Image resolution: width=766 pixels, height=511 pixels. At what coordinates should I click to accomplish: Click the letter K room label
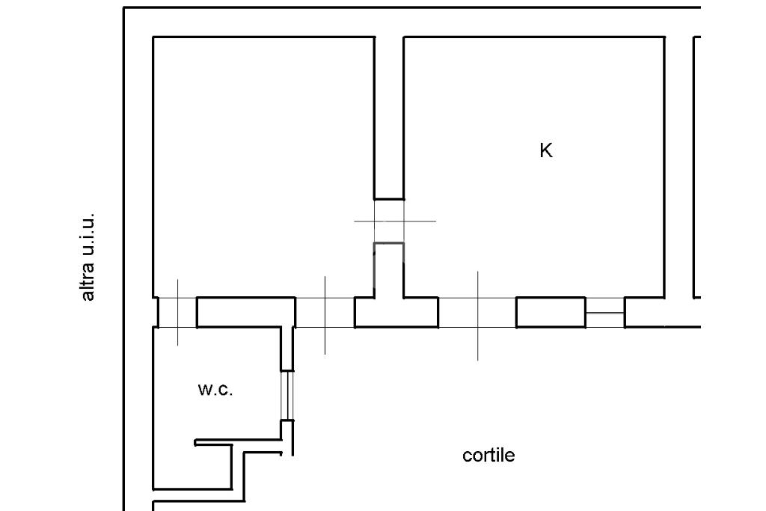coord(546,150)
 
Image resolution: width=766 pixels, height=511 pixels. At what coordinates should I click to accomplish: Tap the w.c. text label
coord(215,389)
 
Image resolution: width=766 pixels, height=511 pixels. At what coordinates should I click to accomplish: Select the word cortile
coord(488,456)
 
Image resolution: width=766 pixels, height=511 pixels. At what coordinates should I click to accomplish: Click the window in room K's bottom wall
coord(605,312)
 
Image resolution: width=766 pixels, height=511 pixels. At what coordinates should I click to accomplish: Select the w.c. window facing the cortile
coord(287,395)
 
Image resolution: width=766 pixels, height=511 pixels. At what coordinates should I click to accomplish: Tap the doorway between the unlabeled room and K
coord(389,221)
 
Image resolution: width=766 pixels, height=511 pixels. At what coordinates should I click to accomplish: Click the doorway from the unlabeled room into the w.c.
coord(177,312)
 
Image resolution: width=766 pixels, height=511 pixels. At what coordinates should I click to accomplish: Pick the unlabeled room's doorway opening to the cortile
coord(325,312)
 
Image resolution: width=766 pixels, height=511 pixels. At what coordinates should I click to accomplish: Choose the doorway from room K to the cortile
coord(477,312)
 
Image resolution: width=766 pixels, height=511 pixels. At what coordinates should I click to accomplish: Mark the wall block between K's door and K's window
coord(551,312)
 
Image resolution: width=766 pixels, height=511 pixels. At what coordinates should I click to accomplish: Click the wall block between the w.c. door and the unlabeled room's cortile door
coord(246,312)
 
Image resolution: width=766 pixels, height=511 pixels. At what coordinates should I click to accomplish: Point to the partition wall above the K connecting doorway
coord(389,117)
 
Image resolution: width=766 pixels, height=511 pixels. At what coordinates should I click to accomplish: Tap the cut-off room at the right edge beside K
coord(698,166)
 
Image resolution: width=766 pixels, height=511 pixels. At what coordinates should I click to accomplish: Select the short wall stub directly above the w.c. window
coord(287,349)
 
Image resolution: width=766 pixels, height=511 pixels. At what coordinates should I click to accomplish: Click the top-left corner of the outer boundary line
coord(123,7)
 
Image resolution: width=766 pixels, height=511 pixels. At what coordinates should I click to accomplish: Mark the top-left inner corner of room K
coord(405,37)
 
